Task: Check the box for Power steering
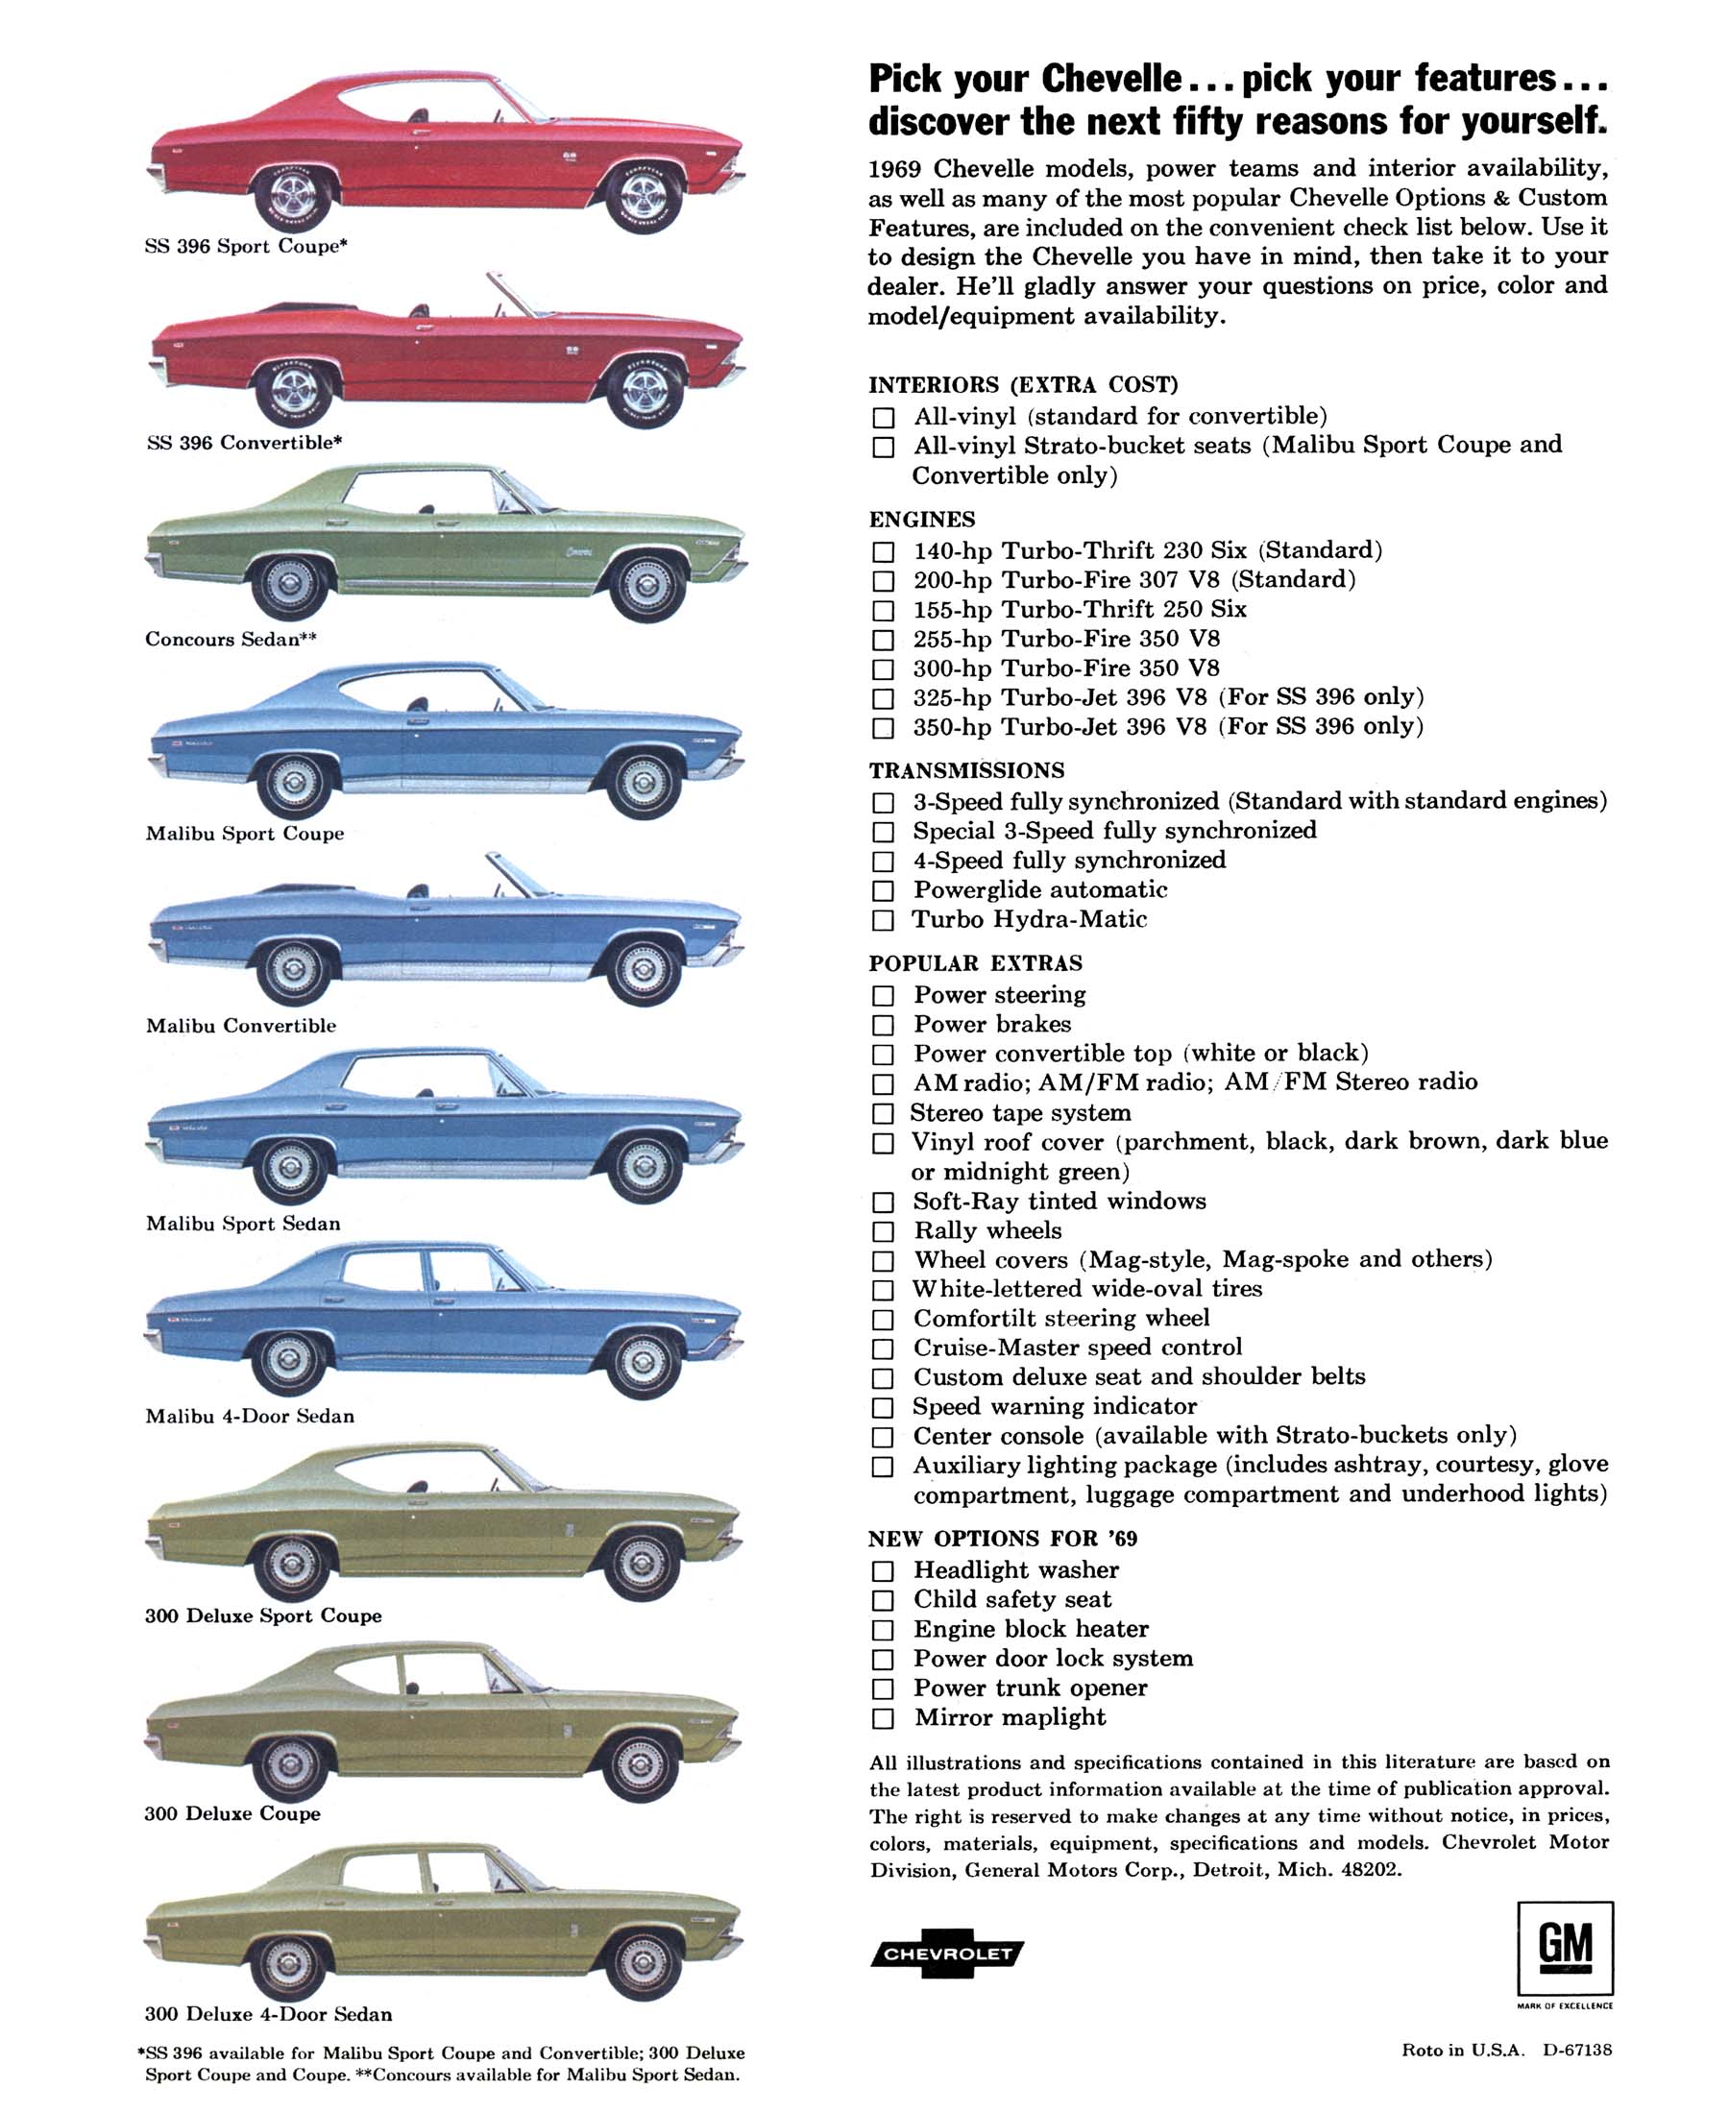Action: click(x=883, y=996)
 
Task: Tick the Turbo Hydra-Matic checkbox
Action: click(x=883, y=920)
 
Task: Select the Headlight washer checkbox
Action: click(x=883, y=1571)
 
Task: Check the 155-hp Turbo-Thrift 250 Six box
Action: click(x=883, y=611)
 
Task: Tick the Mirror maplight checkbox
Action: click(x=883, y=1718)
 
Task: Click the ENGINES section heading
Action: click(x=921, y=520)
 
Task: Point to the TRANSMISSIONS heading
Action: click(x=966, y=770)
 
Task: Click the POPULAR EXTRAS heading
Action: click(x=975, y=964)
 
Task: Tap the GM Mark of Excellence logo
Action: click(x=1565, y=1949)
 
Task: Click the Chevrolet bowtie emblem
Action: click(x=947, y=1954)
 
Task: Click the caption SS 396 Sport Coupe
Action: click(x=245, y=247)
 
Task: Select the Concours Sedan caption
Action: click(x=231, y=640)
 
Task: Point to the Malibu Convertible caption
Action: click(x=241, y=1026)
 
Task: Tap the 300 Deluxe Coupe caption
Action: click(x=232, y=1813)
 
